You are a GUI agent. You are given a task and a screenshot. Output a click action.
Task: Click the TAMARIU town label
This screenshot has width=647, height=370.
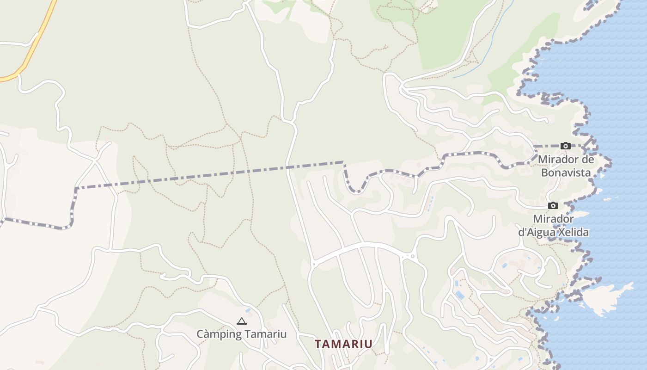[343, 344]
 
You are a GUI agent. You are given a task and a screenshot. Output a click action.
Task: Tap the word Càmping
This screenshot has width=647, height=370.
[217, 334]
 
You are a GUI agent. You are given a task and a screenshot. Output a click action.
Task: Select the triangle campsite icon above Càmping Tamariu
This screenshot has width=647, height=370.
[241, 321]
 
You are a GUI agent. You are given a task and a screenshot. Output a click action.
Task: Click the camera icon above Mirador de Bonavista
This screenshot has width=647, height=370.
[565, 146]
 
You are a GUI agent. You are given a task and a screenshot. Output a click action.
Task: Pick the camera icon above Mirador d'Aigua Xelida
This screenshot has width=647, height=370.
[553, 205]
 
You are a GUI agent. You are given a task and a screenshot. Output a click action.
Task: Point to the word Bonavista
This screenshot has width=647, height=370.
[566, 173]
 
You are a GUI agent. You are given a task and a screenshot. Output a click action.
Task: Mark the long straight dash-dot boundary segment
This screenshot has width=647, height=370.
[208, 175]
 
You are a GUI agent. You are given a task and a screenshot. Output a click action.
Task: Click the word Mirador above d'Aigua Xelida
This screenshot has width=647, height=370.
[553, 218]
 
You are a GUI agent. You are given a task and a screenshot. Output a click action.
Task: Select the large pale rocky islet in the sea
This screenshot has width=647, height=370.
[605, 298]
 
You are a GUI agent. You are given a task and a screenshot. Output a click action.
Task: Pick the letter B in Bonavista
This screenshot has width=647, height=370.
[544, 173]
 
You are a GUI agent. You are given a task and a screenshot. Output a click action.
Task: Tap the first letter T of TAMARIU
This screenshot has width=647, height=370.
[318, 344]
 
